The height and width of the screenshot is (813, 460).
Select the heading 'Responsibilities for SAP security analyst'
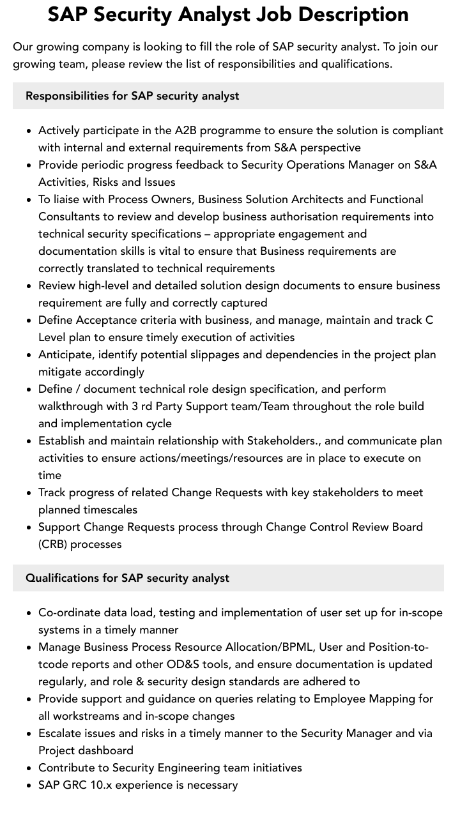[x=132, y=96]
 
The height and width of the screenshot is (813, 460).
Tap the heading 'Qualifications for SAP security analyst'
[x=127, y=578]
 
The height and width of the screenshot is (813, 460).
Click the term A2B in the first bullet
[x=187, y=130]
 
